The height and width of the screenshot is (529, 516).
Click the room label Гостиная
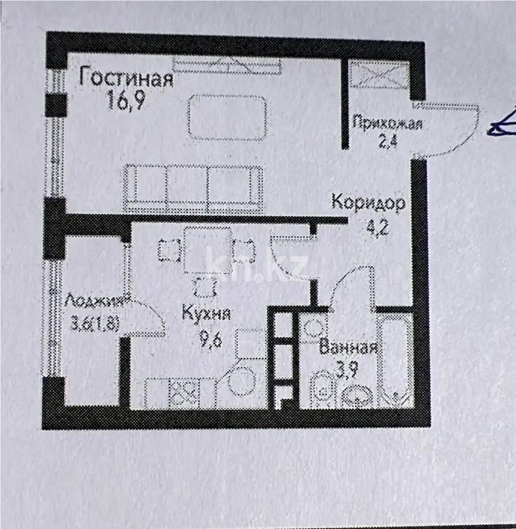click(126, 78)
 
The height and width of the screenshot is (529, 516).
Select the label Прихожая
click(387, 123)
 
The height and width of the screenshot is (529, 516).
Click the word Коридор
click(368, 203)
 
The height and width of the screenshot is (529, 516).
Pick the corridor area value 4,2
click(372, 226)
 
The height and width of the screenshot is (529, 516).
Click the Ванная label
click(348, 347)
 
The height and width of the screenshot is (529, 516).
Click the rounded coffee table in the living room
click(226, 118)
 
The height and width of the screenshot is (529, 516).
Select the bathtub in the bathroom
click(395, 359)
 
